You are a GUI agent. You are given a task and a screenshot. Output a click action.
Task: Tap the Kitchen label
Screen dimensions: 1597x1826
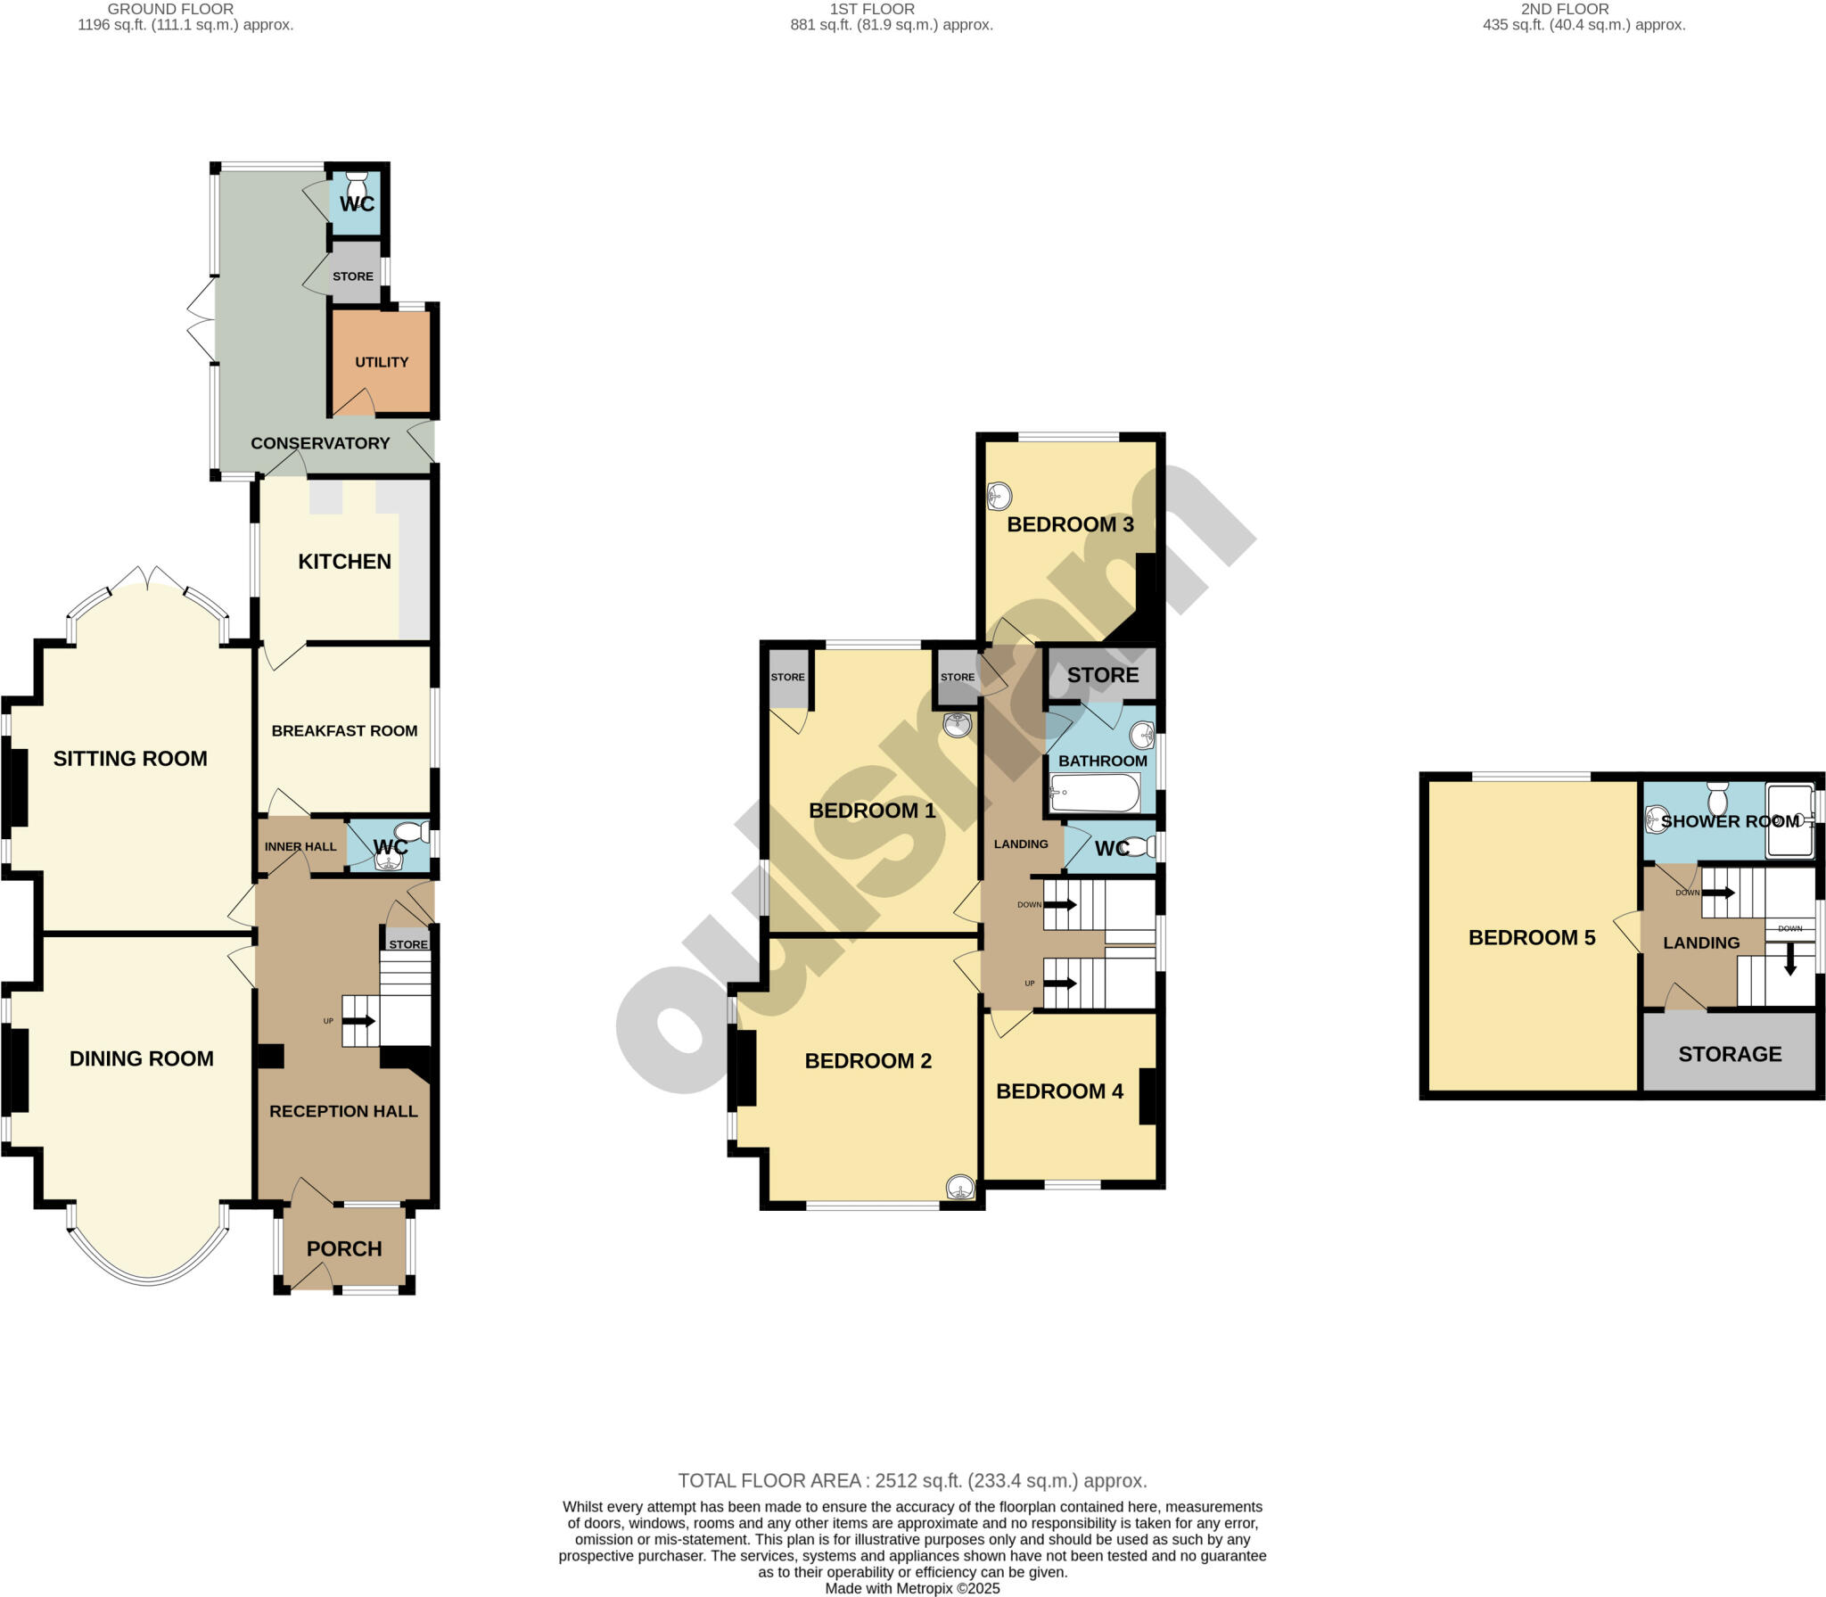point(344,561)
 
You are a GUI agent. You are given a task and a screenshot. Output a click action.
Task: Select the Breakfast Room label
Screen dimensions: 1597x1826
point(344,730)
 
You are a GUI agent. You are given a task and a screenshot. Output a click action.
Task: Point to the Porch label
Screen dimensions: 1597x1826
point(344,1248)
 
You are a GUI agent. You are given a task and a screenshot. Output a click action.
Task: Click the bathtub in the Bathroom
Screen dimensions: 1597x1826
point(1096,792)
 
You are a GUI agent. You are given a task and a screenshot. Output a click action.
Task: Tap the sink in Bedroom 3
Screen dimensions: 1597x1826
point(999,495)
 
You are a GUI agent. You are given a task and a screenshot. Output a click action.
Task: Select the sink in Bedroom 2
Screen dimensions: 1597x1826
point(960,1187)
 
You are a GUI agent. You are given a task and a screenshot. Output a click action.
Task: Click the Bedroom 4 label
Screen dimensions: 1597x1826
point(1059,1091)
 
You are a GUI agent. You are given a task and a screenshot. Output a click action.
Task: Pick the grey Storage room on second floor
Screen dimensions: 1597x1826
point(1730,1054)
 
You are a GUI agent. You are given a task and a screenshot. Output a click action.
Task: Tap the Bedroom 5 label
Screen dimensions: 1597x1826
point(1532,937)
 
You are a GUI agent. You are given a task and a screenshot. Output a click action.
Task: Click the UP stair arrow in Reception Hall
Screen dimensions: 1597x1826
point(358,1021)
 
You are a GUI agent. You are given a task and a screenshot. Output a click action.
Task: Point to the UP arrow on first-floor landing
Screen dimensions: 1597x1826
point(1060,984)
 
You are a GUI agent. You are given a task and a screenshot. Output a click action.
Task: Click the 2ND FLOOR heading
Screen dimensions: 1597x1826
point(1565,9)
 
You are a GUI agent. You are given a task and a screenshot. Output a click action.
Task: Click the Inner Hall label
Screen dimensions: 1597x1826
point(300,846)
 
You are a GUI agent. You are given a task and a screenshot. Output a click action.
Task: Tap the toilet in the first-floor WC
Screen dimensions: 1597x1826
point(1138,847)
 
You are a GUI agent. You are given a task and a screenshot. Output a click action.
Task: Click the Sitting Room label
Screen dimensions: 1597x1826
point(130,758)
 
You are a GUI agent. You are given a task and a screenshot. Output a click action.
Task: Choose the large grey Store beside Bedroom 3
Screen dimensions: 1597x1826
point(1103,675)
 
